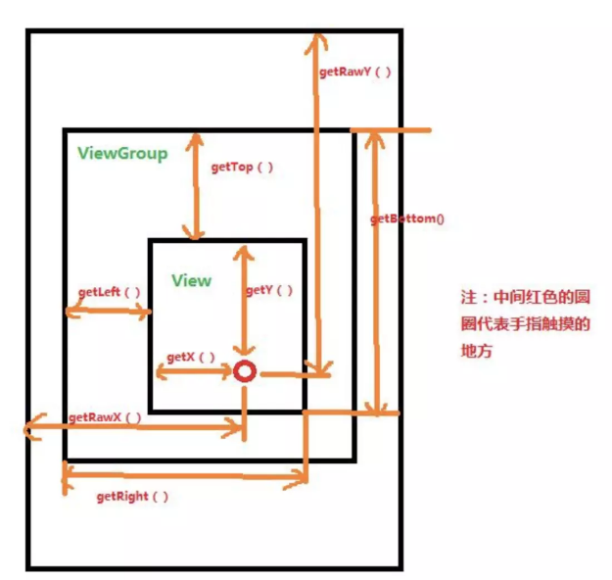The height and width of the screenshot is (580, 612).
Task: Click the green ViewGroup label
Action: pos(122,154)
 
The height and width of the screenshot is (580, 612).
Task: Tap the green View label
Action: pos(191,280)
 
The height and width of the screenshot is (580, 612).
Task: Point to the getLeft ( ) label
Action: pos(109,292)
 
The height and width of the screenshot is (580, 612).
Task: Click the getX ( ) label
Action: pos(191,357)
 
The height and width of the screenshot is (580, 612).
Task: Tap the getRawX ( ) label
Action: pos(105,416)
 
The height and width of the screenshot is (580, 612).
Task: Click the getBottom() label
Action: pos(406,217)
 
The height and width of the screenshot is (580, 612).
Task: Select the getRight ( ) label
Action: pos(132,496)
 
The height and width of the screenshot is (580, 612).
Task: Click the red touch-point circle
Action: pos(243,372)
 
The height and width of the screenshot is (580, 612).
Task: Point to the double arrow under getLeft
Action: pos(107,312)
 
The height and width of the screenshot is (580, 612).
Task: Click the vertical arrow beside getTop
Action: pos(197,186)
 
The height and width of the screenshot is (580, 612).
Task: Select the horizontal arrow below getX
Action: pos(192,373)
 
